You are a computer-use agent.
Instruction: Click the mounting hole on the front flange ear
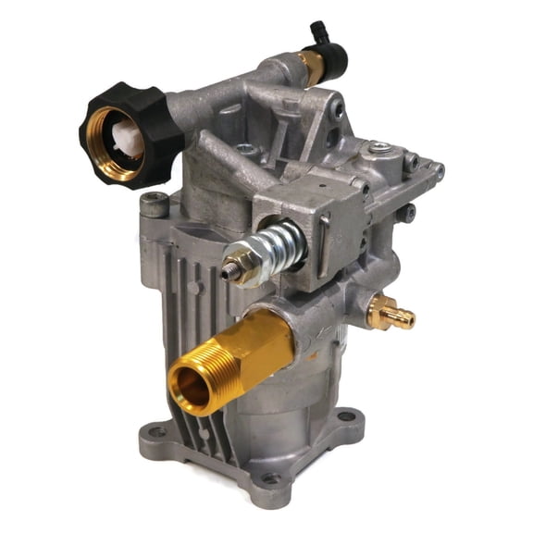pyautogui.click(x=269, y=479)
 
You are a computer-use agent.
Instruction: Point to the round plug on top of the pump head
pyautogui.click(x=378, y=147)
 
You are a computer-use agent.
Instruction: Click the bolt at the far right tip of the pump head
pyautogui.click(x=438, y=171)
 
